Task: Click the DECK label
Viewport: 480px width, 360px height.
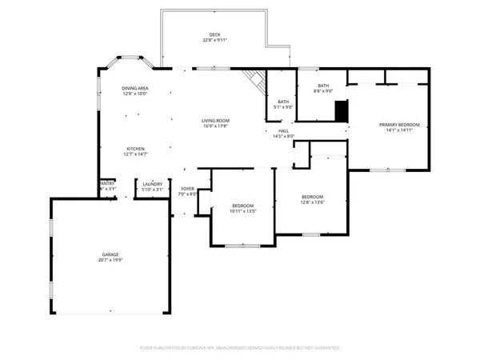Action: coord(214,34)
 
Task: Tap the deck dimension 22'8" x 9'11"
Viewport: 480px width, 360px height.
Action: coord(214,40)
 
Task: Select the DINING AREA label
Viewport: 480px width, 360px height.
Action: coord(134,88)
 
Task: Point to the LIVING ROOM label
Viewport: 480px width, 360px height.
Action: coord(216,120)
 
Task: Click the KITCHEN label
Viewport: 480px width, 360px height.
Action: coord(134,149)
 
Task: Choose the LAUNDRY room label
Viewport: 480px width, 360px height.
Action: coord(152,185)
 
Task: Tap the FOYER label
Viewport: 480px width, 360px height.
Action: coord(187,189)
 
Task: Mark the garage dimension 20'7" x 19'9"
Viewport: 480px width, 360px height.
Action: coord(110,259)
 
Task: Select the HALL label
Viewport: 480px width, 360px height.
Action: coord(283,130)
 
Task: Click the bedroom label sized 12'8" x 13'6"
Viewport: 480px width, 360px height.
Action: coord(312,197)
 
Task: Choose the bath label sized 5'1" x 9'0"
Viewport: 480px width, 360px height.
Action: coord(283,102)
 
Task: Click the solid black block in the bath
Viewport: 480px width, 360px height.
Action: coord(341,110)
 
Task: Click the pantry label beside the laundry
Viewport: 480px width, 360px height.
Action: coord(107,184)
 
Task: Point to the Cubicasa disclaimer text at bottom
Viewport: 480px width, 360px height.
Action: coord(239,348)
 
